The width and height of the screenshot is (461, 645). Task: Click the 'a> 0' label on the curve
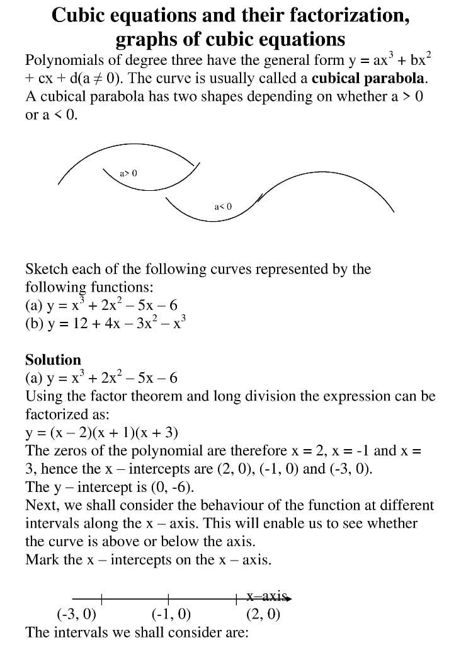click(128, 173)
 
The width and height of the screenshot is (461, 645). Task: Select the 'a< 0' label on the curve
click(223, 206)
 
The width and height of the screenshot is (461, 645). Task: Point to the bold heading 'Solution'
click(53, 360)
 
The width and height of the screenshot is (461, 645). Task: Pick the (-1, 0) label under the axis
click(171, 614)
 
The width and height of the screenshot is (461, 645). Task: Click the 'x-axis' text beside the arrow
click(266, 596)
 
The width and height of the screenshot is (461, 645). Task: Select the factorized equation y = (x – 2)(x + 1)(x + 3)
click(101, 433)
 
